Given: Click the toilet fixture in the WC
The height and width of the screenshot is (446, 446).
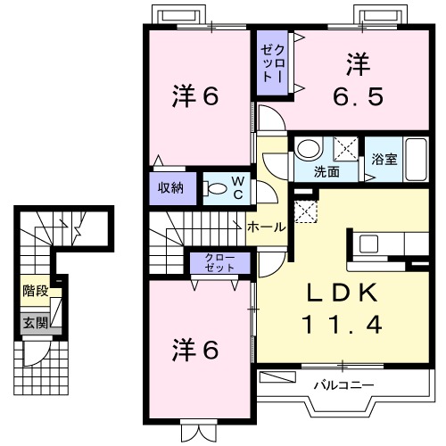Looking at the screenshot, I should click(x=216, y=188).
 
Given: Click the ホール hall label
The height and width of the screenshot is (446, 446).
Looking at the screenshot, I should click(x=266, y=227).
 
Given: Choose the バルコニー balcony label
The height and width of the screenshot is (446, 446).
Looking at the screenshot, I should click(x=343, y=385).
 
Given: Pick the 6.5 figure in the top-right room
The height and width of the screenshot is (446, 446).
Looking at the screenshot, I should click(x=359, y=95).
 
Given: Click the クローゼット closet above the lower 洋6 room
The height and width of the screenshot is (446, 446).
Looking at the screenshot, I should click(x=219, y=262).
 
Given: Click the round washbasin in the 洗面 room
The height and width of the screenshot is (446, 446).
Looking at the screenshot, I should click(x=309, y=147).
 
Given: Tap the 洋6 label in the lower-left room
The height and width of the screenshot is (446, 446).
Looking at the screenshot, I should click(x=195, y=351).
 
